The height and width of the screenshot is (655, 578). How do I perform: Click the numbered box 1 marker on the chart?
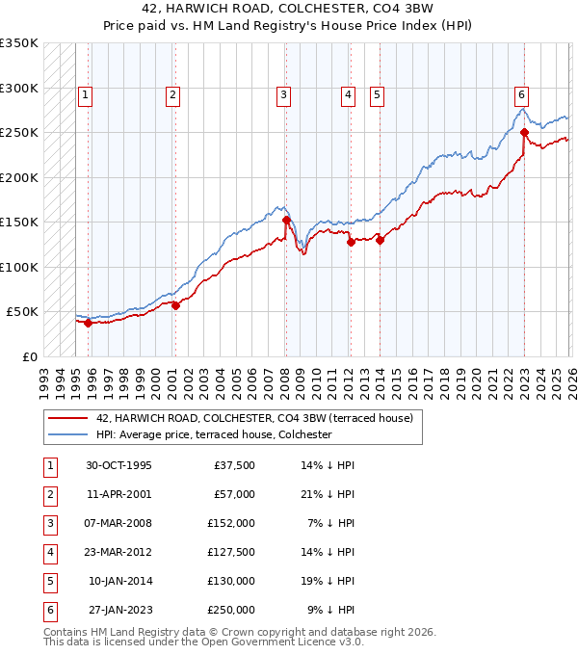[86, 94]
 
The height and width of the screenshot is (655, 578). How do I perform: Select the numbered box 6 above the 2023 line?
[520, 94]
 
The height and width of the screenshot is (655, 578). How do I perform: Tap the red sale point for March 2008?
[286, 220]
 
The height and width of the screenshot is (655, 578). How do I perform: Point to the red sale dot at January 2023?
[524, 132]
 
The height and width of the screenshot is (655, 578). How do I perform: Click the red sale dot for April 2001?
[175, 305]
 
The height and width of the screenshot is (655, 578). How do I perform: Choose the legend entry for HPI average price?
[213, 434]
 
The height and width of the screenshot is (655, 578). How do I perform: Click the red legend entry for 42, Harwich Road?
[254, 418]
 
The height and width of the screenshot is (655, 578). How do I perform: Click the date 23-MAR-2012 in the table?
[118, 552]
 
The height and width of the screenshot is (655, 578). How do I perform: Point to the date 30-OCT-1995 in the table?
[118, 465]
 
